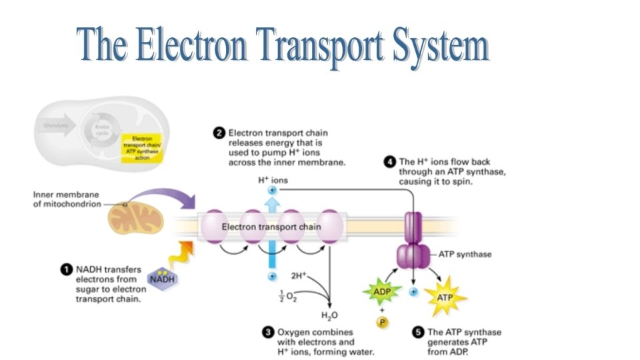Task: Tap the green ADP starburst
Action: (377, 291)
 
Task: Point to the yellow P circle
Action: (382, 322)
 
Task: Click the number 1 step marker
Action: (66, 269)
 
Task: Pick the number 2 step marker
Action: (218, 133)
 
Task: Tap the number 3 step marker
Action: (267, 331)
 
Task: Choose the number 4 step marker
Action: (389, 161)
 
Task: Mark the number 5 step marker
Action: (418, 331)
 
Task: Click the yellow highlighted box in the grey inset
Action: (139, 147)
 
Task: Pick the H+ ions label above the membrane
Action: (271, 180)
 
